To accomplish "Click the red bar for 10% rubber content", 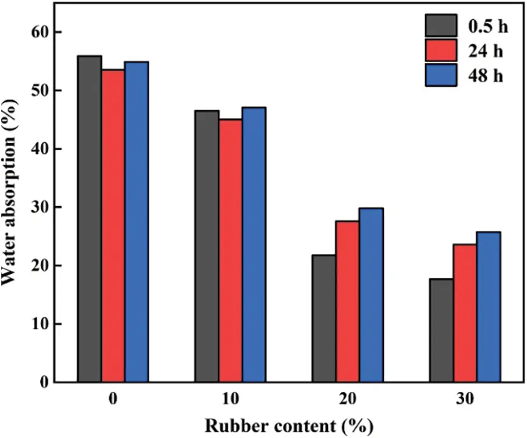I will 230,250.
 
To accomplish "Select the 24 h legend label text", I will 487,51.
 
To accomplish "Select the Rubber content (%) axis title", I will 289,425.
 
